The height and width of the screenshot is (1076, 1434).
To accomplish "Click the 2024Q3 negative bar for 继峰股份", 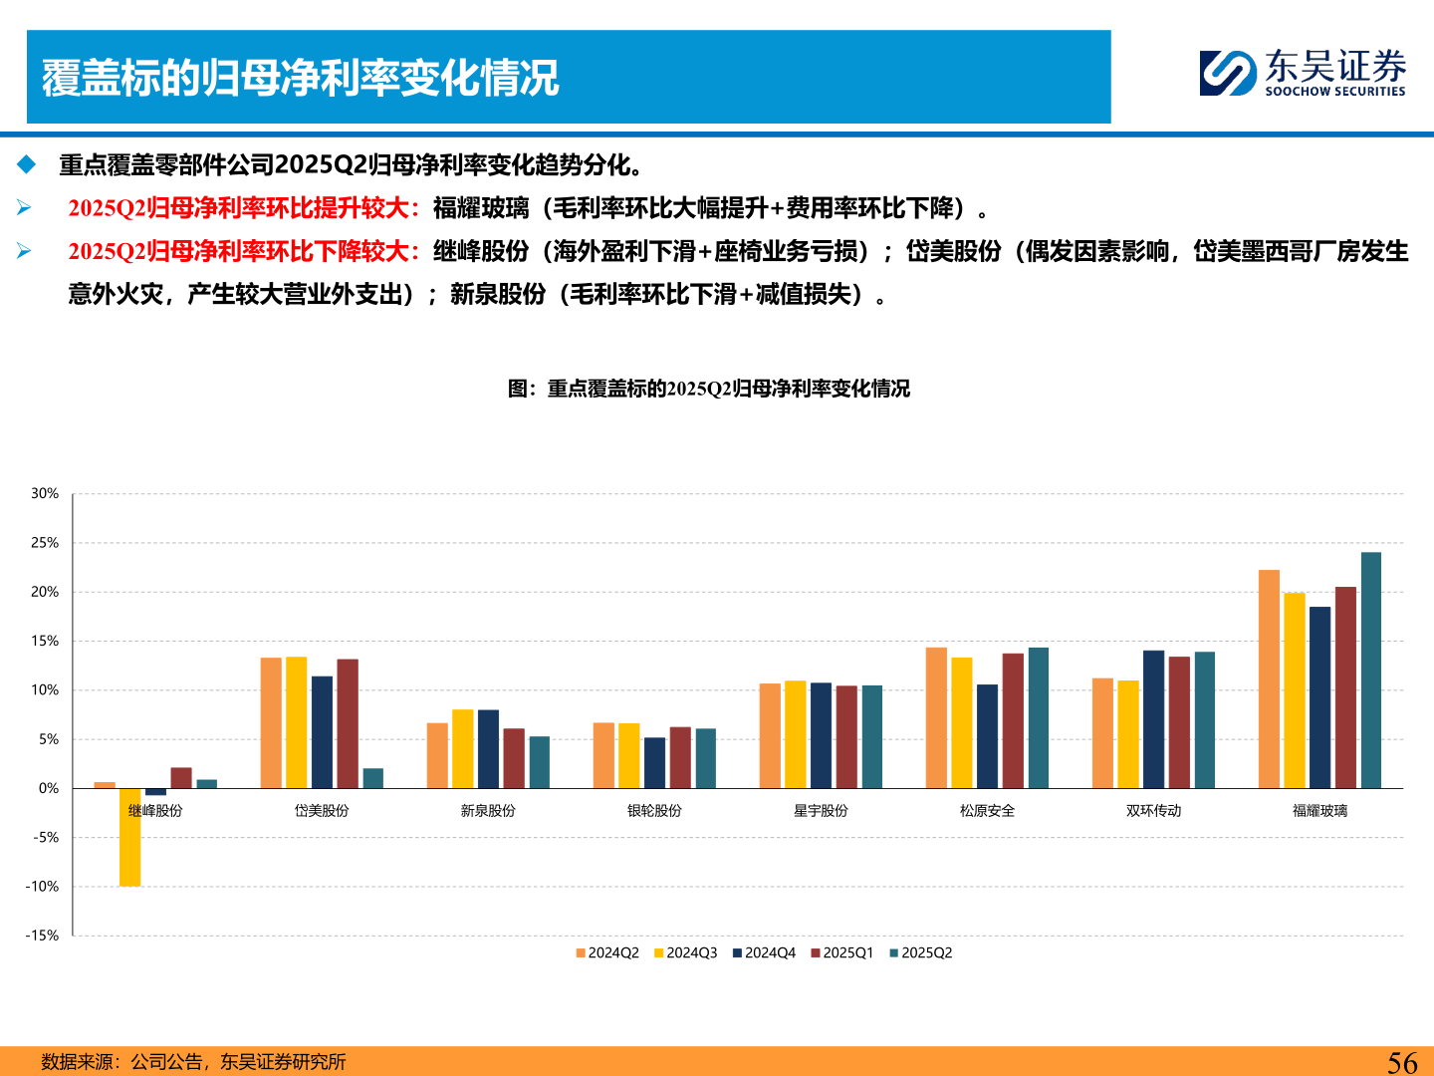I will pyautogui.click(x=129, y=837).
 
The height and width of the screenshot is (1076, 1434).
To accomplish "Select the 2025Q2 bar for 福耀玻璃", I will pyautogui.click(x=1371, y=671).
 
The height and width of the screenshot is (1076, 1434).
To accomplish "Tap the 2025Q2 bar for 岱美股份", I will pyautogui.click(x=373, y=778).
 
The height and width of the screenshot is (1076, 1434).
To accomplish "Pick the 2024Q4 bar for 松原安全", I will pyautogui.click(x=987, y=736).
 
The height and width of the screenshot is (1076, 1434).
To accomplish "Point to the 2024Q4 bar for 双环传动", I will pyautogui.click(x=1153, y=719).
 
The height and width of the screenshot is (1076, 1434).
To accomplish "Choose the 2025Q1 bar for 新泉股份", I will pyautogui.click(x=514, y=758).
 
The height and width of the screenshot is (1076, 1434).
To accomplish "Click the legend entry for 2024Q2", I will pyautogui.click(x=607, y=953).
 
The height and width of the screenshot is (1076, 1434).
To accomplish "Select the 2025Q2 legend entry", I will pyautogui.click(x=921, y=953).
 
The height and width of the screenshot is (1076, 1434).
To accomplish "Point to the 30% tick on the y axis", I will pyautogui.click(x=45, y=493).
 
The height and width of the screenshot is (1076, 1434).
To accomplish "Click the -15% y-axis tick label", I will pyautogui.click(x=43, y=936).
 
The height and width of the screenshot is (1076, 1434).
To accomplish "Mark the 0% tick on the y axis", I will pyautogui.click(x=49, y=788).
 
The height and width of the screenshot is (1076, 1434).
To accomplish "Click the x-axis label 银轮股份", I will pyautogui.click(x=654, y=811).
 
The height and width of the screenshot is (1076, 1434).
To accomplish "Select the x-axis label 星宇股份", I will pyautogui.click(x=821, y=811).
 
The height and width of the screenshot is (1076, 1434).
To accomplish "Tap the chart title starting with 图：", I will pyautogui.click(x=708, y=389).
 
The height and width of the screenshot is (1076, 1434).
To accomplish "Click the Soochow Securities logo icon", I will pyautogui.click(x=1227, y=73).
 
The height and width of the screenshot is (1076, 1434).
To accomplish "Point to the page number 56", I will pyautogui.click(x=1402, y=1062).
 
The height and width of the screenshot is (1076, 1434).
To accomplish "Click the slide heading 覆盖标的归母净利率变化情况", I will pyautogui.click(x=300, y=78).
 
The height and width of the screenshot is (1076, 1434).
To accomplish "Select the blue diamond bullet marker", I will pyautogui.click(x=26, y=164).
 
